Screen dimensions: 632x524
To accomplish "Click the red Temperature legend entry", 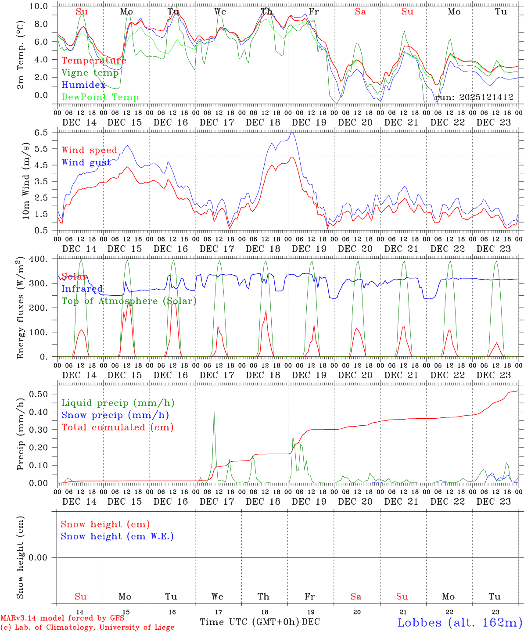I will point(94,61).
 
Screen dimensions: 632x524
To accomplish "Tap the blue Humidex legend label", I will point(83,85).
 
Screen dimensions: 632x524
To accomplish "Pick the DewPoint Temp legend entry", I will point(100,97).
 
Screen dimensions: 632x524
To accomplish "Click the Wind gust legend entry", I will point(86,162).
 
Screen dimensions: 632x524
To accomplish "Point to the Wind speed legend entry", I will point(90,150).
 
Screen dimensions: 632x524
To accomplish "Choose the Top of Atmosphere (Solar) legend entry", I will point(129,301).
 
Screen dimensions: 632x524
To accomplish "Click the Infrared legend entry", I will point(82,289).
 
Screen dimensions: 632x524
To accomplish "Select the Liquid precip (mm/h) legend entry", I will point(118,403).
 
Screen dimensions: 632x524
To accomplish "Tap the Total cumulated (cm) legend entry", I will point(118,427).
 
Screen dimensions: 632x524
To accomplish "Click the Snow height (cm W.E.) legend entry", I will point(117,536).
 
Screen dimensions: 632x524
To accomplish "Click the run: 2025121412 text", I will point(474,97).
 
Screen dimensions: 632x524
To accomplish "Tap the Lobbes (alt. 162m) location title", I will point(459,622).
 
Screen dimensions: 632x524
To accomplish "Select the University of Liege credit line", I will point(87,627).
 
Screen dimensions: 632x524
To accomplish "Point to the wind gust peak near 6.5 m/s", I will point(292,133).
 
